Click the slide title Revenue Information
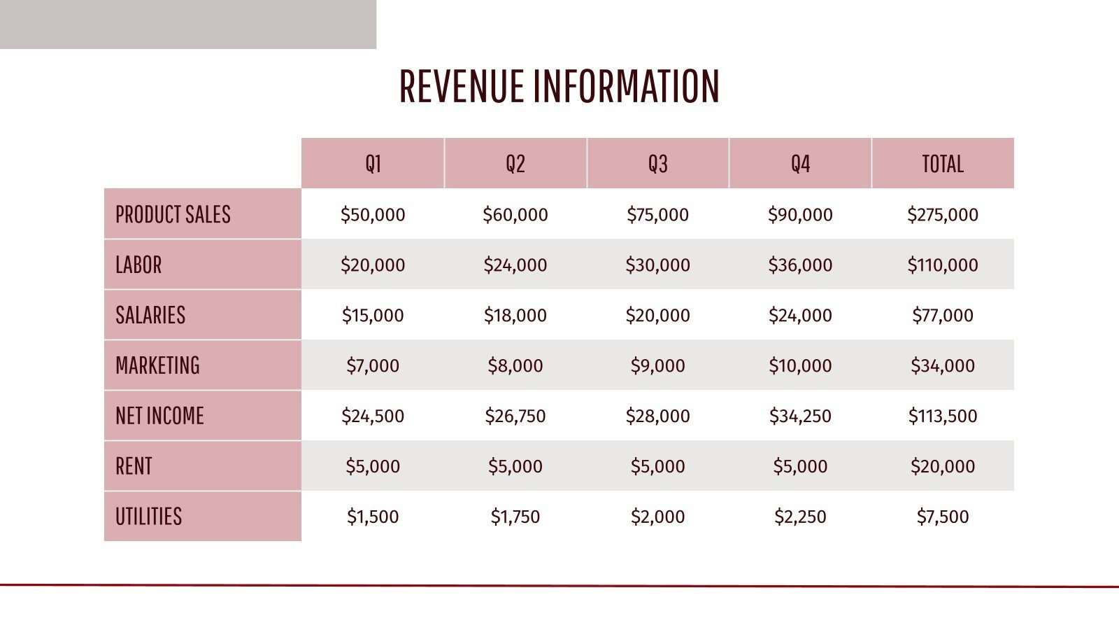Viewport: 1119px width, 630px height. pyautogui.click(x=559, y=86)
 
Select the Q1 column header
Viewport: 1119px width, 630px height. pyautogui.click(x=373, y=164)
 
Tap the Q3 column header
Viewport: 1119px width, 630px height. pyautogui.click(x=657, y=164)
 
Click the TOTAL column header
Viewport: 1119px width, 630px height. pyautogui.click(x=942, y=164)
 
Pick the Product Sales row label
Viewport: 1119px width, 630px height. pyautogui.click(x=173, y=214)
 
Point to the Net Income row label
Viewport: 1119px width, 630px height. pyautogui.click(x=159, y=416)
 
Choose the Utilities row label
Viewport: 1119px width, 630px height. pyautogui.click(x=148, y=517)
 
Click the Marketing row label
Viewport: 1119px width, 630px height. pyautogui.click(x=157, y=365)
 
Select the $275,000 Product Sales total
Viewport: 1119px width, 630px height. pyautogui.click(x=942, y=214)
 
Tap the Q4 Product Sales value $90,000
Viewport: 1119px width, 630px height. pyautogui.click(x=800, y=214)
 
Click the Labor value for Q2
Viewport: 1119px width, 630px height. pyautogui.click(x=515, y=265)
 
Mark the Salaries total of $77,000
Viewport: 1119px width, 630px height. pyautogui.click(x=942, y=315)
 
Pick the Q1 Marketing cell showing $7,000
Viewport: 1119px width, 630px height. pyautogui.click(x=373, y=365)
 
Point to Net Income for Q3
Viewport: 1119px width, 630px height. pyautogui.click(x=657, y=416)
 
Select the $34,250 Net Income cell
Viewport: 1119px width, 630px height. pyautogui.click(x=800, y=416)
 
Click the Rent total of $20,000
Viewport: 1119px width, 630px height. pyautogui.click(x=942, y=466)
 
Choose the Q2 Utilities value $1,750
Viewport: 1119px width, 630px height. pyautogui.click(x=515, y=517)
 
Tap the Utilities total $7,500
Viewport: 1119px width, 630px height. pyautogui.click(x=942, y=517)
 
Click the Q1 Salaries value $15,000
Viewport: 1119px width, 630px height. pyautogui.click(x=373, y=315)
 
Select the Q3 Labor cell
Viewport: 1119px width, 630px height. pyautogui.click(x=657, y=265)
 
